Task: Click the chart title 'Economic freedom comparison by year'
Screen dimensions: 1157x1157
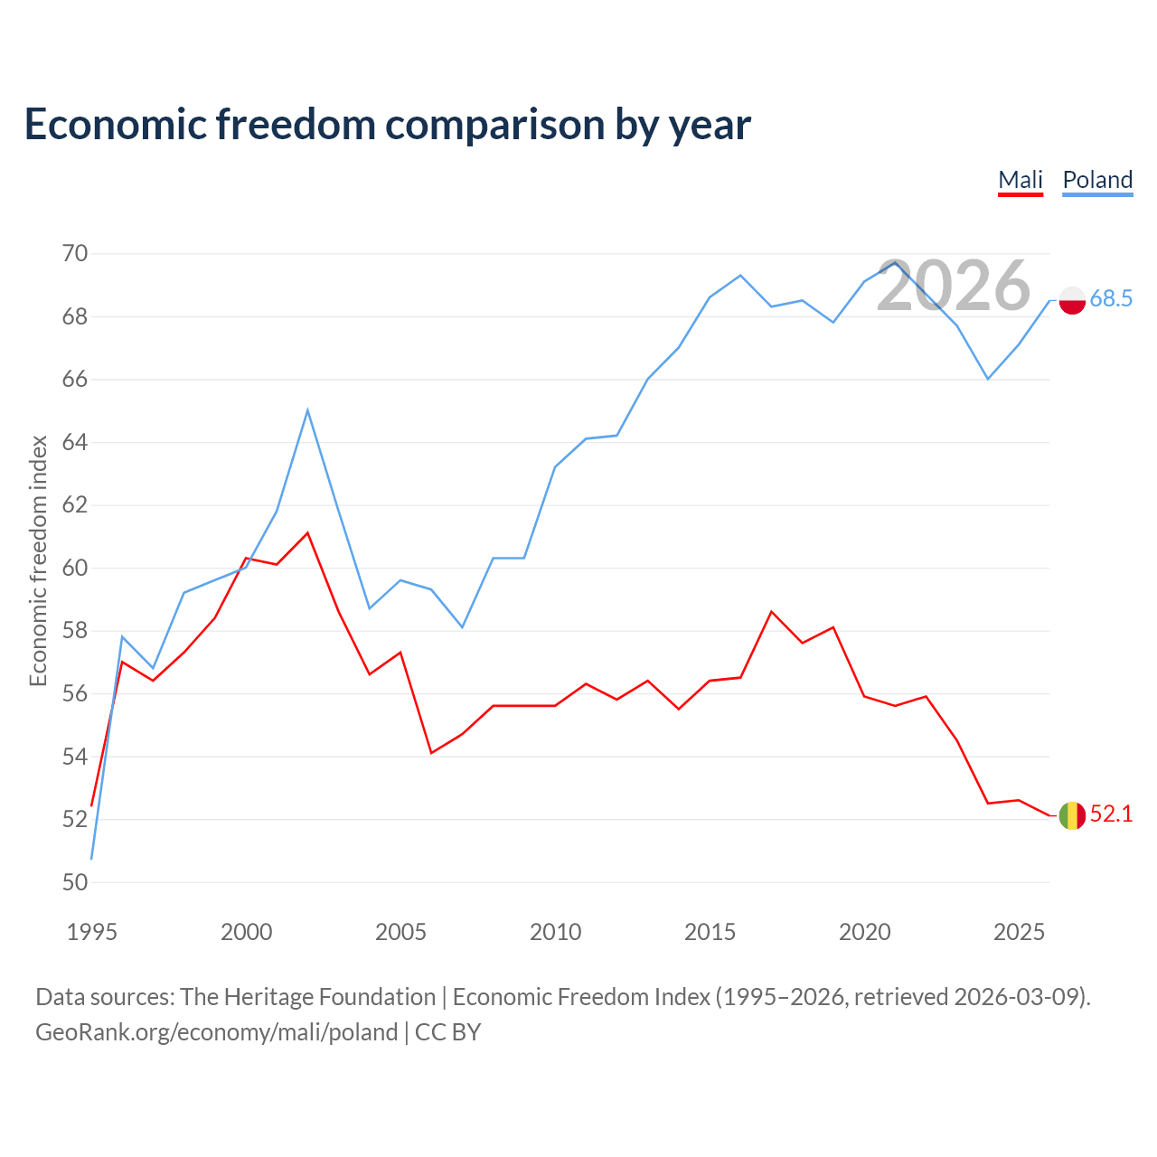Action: click(387, 125)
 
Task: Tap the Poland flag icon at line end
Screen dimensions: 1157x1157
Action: click(1072, 300)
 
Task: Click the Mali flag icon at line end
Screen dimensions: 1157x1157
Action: click(1072, 815)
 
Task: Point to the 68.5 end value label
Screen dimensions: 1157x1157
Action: click(1111, 298)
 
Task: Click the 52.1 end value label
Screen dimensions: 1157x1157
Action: click(1111, 814)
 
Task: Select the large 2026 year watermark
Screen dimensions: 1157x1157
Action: click(954, 285)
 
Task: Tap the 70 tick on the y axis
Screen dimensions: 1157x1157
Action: click(75, 253)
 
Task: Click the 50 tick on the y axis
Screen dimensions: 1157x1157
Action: click(75, 882)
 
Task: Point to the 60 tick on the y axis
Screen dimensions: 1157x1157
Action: click(75, 568)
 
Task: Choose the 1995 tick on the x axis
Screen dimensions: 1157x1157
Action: click(92, 932)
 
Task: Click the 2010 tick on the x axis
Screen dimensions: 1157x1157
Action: click(555, 932)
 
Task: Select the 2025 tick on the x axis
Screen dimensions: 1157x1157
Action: click(1019, 932)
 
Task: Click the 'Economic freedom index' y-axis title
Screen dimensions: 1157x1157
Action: click(38, 560)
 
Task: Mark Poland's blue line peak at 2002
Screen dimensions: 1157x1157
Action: click(307, 410)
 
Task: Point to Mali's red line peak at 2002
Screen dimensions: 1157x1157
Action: click(307, 532)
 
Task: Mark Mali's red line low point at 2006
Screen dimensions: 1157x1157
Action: click(431, 753)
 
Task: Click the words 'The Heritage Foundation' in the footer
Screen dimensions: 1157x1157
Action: click(308, 997)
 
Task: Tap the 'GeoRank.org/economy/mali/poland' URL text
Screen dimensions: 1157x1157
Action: click(217, 1032)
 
